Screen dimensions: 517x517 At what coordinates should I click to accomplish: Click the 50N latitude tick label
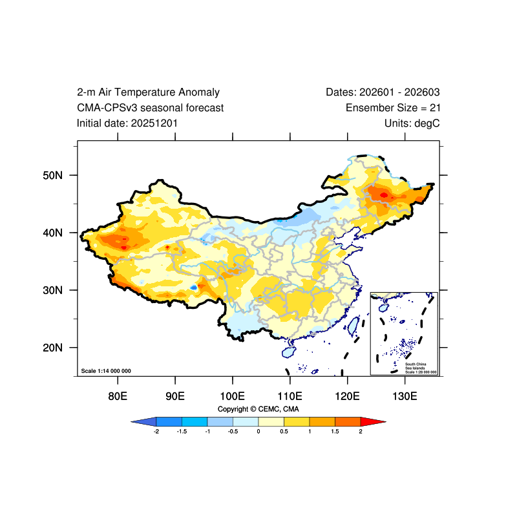coord(52,175)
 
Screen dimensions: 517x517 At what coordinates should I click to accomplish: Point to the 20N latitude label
coord(52,348)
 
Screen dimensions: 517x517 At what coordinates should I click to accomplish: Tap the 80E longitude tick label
coord(118,396)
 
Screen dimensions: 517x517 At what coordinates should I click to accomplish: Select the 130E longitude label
coord(405,396)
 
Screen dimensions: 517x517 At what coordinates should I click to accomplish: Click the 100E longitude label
coord(233,396)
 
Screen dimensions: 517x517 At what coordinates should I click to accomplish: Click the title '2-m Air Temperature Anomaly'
coord(148,92)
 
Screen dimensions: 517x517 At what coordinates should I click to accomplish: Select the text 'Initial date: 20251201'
coord(127,123)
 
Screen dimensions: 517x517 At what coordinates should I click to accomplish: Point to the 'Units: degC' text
coord(412,123)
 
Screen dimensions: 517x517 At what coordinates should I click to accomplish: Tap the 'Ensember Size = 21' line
coord(393,108)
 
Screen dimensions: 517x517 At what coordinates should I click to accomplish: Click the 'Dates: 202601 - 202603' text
coord(383,92)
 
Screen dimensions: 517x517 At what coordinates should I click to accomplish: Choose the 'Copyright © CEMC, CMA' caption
coord(258,409)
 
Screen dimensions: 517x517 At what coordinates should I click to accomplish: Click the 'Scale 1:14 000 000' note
coord(106,371)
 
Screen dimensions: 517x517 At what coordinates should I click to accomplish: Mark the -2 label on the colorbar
coord(156,432)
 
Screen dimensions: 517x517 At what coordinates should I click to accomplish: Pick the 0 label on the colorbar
coord(258,432)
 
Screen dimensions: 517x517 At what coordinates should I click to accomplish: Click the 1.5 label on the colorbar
coord(335,432)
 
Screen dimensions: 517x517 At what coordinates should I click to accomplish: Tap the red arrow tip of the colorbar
coord(385,422)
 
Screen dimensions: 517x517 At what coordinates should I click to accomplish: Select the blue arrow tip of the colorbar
coord(132,422)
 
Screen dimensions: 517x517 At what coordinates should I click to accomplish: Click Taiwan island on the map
coord(353,326)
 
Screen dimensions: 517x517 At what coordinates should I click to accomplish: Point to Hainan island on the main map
coord(289,352)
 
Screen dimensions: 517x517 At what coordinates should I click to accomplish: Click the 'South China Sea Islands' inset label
coord(416,366)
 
